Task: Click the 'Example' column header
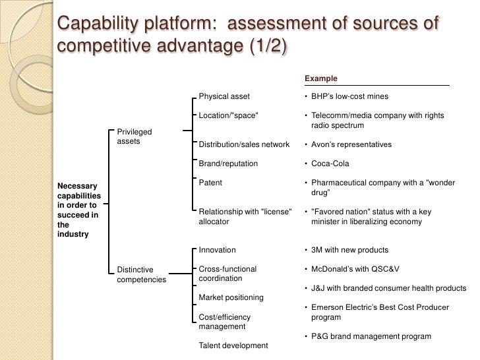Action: point(320,78)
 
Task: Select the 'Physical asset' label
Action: point(224,96)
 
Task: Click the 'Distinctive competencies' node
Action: point(141,274)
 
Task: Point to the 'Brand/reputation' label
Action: point(228,164)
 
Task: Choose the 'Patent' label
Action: point(210,183)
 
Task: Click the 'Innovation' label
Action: point(217,250)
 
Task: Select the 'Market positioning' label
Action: point(231,297)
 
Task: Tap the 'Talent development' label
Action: point(233,345)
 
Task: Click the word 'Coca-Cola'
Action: point(330,164)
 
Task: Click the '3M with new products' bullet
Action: point(350,250)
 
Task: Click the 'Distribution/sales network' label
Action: point(244,144)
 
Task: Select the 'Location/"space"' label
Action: point(228,115)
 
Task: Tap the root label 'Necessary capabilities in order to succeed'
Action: point(79,210)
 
